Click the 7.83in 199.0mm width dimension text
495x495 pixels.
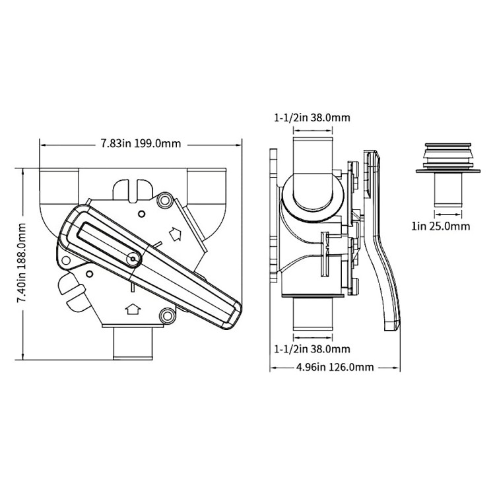(x=141, y=144)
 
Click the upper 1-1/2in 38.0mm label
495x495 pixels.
(x=312, y=118)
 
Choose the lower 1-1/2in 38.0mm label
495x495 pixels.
(x=312, y=348)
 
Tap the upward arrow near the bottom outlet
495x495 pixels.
(x=131, y=308)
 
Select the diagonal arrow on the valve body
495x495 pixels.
(x=176, y=233)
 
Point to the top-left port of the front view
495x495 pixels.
(x=59, y=188)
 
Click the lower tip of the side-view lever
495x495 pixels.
(x=392, y=323)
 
